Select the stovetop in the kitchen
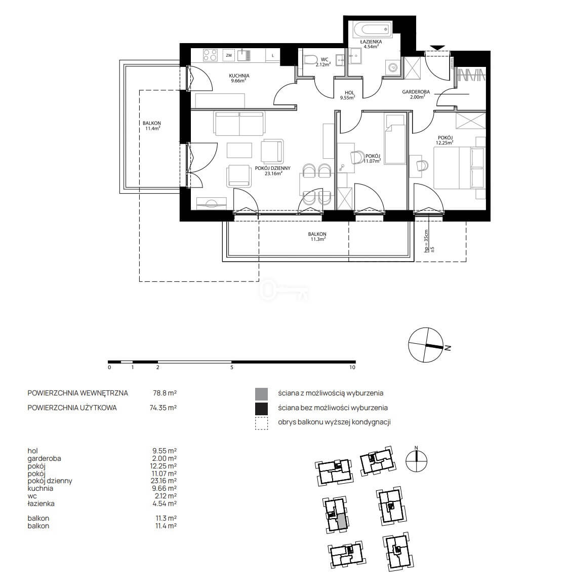pos(211,55)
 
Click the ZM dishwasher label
pos(229,55)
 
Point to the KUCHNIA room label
pos(239,76)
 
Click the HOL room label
pos(349,93)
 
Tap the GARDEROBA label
pos(416,92)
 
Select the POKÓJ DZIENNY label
pos(273,168)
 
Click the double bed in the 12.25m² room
pos(459,168)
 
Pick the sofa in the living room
pos(239,124)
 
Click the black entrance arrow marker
pos(437,48)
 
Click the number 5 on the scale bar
pos(232,368)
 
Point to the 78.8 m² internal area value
pos(165,393)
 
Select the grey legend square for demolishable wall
pos(261,394)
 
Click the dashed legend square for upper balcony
pos(261,423)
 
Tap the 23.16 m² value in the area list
pos(165,481)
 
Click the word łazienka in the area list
pos(41,503)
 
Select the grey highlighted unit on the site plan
pos(342,521)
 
